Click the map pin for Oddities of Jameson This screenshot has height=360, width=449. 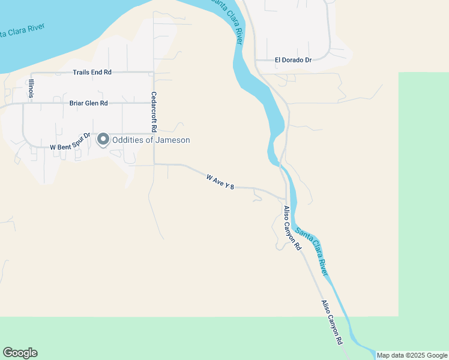[x=103, y=139]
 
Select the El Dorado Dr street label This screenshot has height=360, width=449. [x=294, y=60]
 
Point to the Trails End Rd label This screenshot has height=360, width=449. [x=92, y=73]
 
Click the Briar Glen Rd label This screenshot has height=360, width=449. [x=88, y=103]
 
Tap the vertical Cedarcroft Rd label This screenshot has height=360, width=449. [x=154, y=112]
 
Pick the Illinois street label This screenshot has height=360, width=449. [x=30, y=88]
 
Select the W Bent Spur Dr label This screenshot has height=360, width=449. [x=70, y=142]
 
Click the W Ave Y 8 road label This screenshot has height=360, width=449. [x=219, y=182]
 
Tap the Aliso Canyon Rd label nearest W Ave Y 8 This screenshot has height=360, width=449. [x=292, y=229]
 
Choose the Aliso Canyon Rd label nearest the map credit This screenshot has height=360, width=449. [x=331, y=322]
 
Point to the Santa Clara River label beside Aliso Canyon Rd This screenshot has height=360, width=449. [x=314, y=254]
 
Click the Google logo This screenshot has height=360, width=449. [x=20, y=353]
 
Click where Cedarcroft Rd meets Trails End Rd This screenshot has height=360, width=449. [x=154, y=73]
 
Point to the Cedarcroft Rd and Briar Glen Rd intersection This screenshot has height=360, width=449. [x=154, y=103]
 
